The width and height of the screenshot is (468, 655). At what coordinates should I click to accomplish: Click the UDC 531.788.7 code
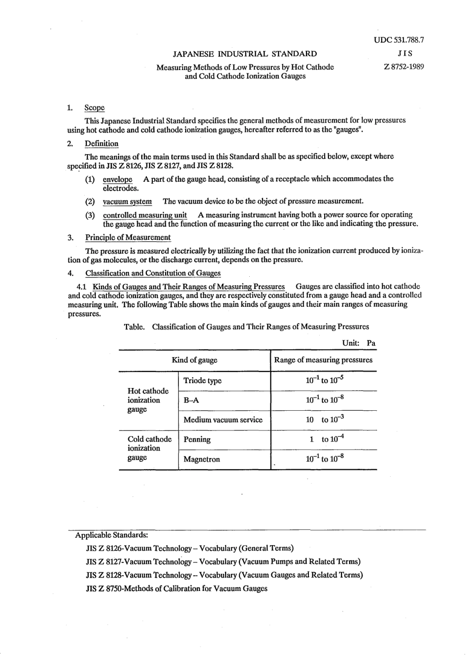point(399,40)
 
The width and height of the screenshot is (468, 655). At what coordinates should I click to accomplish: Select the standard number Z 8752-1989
point(403,67)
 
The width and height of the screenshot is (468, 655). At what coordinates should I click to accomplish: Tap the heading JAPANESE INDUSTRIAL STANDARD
point(245,54)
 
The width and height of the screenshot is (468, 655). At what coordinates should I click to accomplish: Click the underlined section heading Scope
point(94,108)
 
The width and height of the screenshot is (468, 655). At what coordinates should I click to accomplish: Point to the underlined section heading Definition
point(101,144)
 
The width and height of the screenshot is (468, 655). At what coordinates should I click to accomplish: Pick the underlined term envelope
point(117,179)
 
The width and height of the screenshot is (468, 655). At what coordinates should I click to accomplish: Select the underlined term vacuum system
point(127,201)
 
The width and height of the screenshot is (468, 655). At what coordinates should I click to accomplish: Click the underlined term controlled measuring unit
point(145,215)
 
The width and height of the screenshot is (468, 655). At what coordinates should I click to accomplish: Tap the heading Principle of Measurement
point(128,237)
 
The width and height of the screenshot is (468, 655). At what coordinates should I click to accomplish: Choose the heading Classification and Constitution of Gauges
point(153,273)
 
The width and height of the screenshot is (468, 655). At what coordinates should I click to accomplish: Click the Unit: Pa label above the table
point(359,343)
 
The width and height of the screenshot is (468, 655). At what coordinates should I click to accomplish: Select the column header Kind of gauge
point(195,360)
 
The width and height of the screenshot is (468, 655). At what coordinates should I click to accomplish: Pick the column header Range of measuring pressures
point(323,360)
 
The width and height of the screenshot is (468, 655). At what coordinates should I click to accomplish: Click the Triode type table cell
point(202,381)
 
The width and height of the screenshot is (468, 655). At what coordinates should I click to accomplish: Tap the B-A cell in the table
point(191,400)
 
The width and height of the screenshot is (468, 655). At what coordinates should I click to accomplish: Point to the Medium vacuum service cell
point(223,420)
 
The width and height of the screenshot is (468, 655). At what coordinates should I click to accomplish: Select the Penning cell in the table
point(197,439)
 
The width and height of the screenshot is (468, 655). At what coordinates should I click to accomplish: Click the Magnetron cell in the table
point(201,459)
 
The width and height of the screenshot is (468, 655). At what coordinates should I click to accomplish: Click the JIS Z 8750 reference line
point(176,589)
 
